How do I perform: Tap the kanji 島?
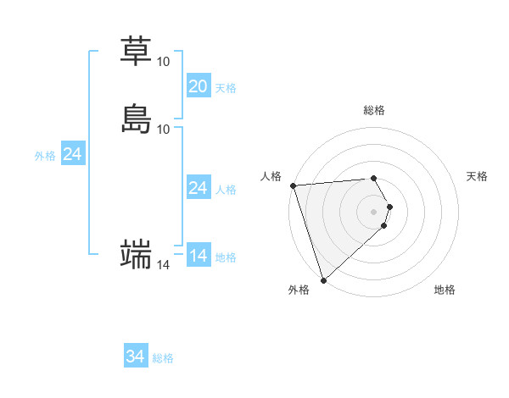[x=136, y=119]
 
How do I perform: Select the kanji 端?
[x=136, y=254]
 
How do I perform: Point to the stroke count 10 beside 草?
[x=163, y=62]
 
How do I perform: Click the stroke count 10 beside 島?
[x=163, y=129]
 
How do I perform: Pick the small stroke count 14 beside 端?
[x=163, y=265]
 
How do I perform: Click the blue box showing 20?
[x=198, y=86]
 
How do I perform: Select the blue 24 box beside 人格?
[x=198, y=188]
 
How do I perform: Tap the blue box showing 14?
[x=198, y=256]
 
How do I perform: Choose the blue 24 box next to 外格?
[x=72, y=154]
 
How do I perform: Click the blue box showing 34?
[x=136, y=357]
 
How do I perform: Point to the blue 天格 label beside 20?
[x=226, y=88]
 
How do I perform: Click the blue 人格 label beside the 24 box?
[x=226, y=190]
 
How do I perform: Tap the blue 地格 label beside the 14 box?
[x=226, y=257]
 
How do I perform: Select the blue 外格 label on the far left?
[x=45, y=156]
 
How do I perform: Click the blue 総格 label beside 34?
[x=163, y=359]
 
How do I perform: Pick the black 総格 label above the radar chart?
[x=374, y=110]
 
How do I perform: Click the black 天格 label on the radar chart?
[x=477, y=176]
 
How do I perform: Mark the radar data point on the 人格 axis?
[x=293, y=185]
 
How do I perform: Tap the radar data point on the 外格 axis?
[x=323, y=279]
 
